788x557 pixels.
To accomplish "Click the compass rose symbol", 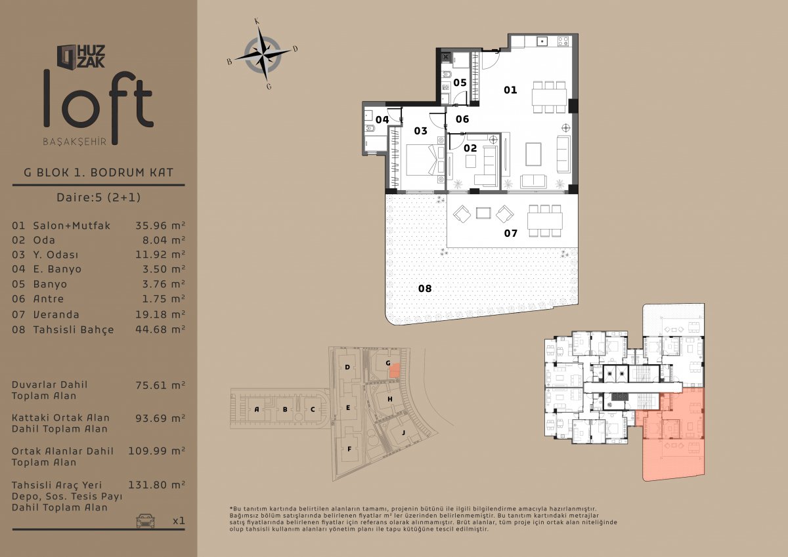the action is click(x=263, y=54).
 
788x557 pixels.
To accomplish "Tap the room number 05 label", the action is click(x=460, y=83).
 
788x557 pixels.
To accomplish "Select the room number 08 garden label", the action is click(x=425, y=289).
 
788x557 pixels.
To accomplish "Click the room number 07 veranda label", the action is click(x=511, y=233).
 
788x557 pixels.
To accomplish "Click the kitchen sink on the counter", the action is click(x=542, y=41).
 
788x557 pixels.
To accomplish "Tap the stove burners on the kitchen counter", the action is click(x=563, y=41).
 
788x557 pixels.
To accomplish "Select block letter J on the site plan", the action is click(x=403, y=432).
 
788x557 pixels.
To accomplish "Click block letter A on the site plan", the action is click(x=257, y=409).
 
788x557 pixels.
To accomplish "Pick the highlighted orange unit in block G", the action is click(x=395, y=371).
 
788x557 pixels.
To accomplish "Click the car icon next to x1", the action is click(x=145, y=521).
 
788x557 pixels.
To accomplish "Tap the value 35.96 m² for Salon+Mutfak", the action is click(x=160, y=225).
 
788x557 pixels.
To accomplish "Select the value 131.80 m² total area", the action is click(x=156, y=485).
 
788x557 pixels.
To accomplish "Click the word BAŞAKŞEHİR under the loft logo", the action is click(x=75, y=142).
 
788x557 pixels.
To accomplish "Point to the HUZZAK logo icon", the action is click(x=67, y=56).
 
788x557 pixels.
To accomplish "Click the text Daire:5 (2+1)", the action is click(x=98, y=197).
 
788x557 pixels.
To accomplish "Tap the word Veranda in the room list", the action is click(x=56, y=314).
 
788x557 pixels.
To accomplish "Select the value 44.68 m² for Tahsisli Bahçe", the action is click(x=160, y=329).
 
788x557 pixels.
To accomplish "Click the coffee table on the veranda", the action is click(x=483, y=213).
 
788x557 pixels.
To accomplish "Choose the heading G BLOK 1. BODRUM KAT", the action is click(x=98, y=173).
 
